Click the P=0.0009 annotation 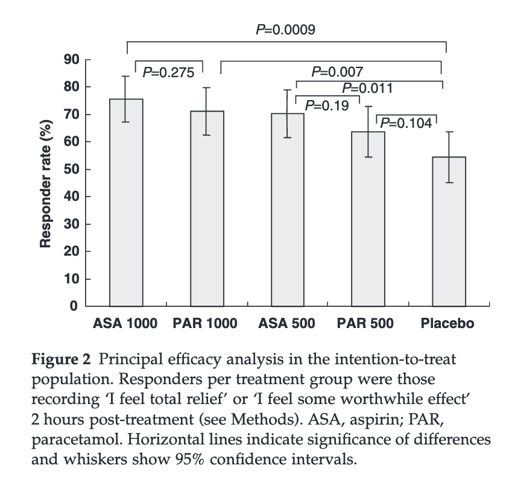pyautogui.click(x=285, y=30)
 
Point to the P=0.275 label pyautogui.click(x=168, y=73)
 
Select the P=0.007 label pyautogui.click(x=337, y=72)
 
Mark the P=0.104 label pyautogui.click(x=407, y=123)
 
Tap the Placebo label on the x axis pyautogui.click(x=447, y=324)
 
